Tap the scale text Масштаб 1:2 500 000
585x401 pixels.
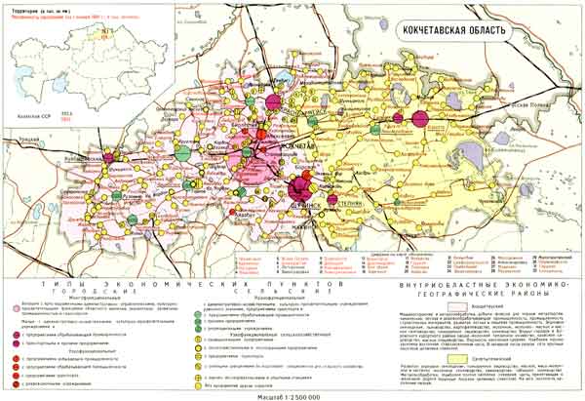click(x=292, y=394)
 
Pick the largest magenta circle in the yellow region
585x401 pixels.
click(x=419, y=121)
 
